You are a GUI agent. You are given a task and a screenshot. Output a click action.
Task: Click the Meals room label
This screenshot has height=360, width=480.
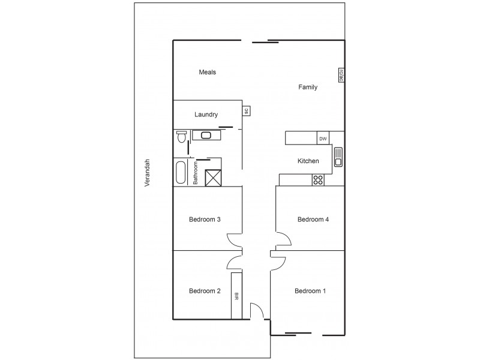(x=207, y=72)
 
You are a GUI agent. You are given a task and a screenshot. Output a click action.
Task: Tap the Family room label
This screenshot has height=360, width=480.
(x=308, y=87)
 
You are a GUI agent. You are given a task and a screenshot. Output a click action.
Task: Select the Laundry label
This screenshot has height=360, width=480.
(x=206, y=115)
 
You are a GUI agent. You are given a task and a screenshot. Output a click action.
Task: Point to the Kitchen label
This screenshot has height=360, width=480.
(x=308, y=161)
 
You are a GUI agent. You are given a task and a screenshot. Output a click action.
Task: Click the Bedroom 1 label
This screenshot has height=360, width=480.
(x=310, y=292)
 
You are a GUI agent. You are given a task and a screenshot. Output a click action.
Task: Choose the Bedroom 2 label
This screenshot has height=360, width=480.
(x=205, y=292)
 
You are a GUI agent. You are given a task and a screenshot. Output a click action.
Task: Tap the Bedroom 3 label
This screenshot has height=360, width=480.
(x=205, y=220)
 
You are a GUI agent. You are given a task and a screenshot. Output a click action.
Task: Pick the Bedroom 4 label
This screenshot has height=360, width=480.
(x=313, y=220)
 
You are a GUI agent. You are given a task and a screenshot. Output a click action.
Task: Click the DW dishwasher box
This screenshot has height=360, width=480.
(x=323, y=139)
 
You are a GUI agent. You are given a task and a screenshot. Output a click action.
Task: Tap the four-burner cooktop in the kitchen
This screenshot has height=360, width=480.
(x=319, y=179)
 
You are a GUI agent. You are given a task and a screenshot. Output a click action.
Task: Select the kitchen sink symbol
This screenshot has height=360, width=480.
(x=338, y=157)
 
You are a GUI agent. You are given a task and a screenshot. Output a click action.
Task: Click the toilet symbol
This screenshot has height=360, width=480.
(x=181, y=137)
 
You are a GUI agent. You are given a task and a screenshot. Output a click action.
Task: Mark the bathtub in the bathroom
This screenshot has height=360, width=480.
(x=181, y=172)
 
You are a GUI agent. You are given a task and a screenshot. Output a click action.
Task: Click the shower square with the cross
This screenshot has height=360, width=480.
(x=214, y=178)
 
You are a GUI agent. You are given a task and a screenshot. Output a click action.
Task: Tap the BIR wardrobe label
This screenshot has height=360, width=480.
(x=236, y=295)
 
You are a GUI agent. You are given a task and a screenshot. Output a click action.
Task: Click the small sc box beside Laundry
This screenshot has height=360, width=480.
(x=246, y=110)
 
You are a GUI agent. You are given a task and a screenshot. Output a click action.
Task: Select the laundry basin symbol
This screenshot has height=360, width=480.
(x=206, y=135)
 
